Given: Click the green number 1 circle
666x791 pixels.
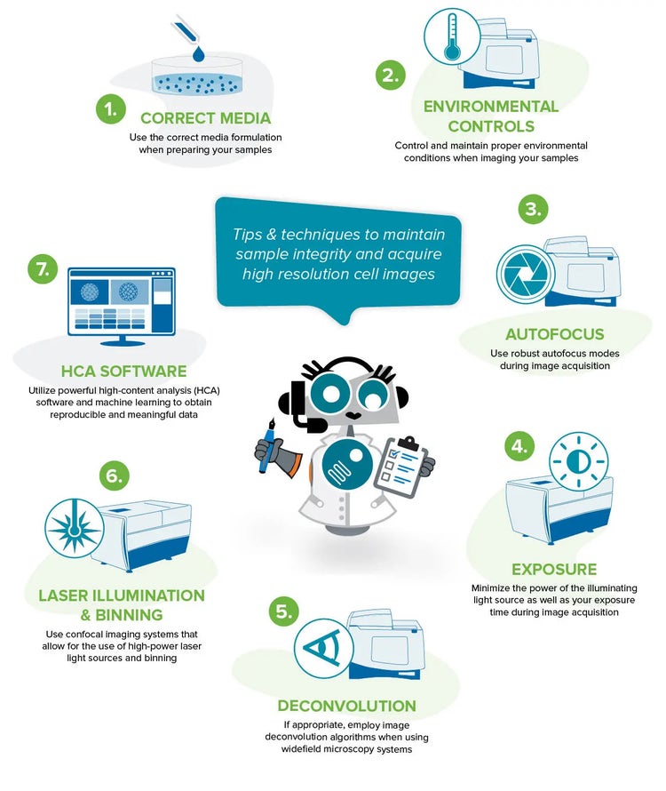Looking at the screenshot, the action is [110, 109].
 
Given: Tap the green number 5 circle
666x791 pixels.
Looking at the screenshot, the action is [284, 612].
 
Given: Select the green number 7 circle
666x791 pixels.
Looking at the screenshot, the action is [43, 269].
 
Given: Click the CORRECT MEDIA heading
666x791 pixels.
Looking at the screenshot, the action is [206, 118].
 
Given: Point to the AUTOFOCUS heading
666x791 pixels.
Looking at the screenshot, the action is [555, 334].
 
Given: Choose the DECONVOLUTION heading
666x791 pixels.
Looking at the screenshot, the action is [347, 706].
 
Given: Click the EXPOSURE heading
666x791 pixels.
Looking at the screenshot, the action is [554, 569].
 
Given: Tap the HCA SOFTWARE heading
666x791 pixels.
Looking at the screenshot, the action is [124, 372].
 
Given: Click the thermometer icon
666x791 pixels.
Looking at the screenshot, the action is [452, 36].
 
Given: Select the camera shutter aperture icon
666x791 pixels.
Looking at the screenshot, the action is [526, 274].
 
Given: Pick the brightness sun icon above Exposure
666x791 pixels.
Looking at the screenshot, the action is [578, 461].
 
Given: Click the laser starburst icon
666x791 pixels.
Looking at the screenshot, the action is [74, 528].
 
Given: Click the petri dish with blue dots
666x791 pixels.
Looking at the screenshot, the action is [197, 76].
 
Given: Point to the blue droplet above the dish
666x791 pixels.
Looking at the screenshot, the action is [199, 53].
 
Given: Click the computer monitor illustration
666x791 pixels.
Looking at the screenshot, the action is [122, 307].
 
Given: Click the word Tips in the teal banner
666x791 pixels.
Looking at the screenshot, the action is [247, 234].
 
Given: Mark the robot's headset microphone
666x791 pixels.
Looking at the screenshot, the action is [307, 423].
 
